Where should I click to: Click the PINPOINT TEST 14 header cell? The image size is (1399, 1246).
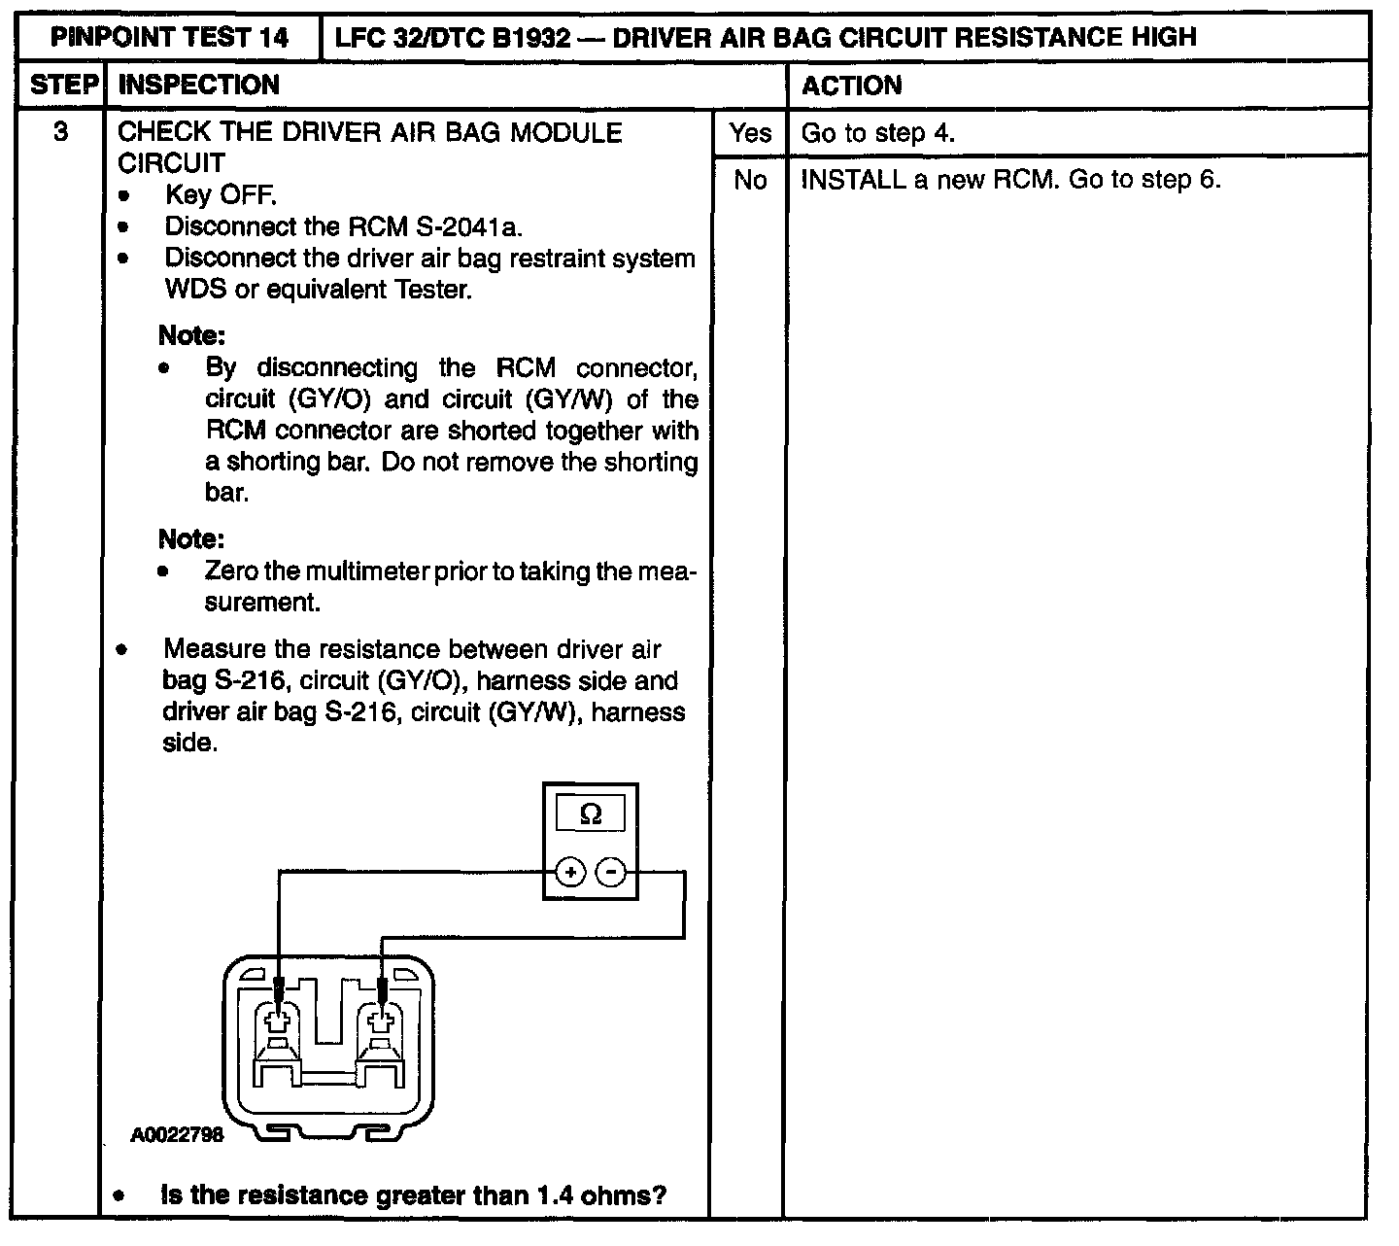[170, 38]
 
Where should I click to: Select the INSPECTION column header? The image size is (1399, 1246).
[198, 86]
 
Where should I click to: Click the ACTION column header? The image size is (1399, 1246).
[851, 86]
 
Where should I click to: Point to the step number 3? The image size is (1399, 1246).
[61, 131]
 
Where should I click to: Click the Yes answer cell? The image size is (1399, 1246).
[749, 132]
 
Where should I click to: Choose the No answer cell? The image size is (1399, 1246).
[749, 180]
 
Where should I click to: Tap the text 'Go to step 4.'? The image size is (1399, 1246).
[877, 133]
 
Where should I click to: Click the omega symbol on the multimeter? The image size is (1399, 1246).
[590, 814]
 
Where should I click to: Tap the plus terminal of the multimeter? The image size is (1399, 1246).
[570, 872]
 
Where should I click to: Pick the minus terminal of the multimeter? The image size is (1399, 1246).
[610, 872]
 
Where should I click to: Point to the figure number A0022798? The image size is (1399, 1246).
[178, 1134]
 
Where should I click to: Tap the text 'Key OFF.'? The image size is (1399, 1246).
[222, 195]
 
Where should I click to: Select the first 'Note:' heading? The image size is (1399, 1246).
[191, 336]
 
